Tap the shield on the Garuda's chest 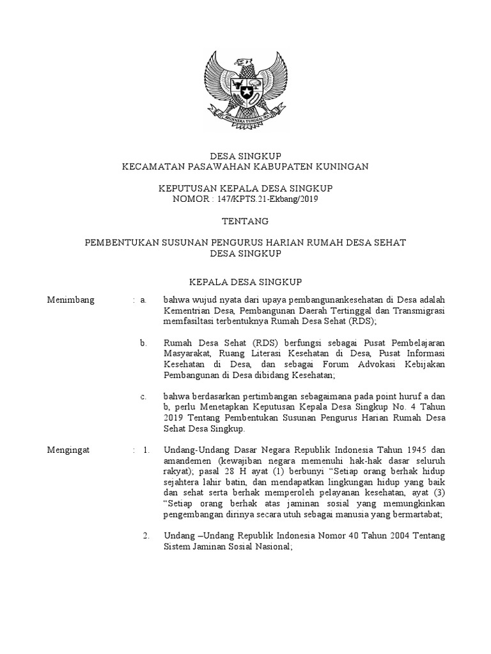tap(245, 92)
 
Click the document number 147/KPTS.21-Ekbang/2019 tap(269, 199)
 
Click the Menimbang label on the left tap(71, 299)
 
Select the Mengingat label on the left tap(69, 450)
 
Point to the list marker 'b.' tap(144, 343)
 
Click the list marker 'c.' tap(144, 397)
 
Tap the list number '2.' tap(146, 535)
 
